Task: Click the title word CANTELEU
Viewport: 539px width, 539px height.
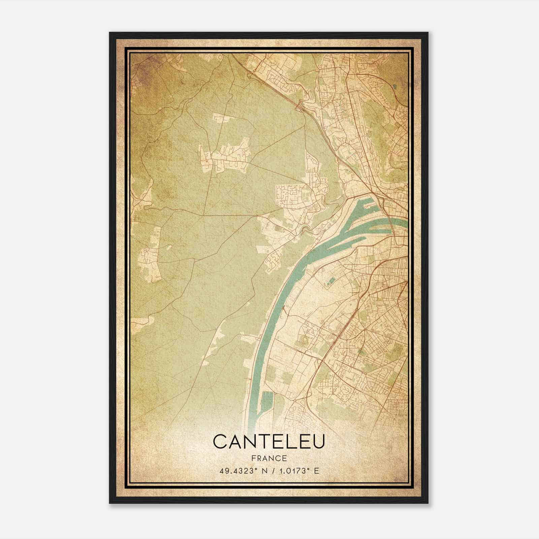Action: (269, 442)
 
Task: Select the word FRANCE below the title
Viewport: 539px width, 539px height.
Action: (269, 458)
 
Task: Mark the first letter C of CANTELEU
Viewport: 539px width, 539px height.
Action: (220, 442)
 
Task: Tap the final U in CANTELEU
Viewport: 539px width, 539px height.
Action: (318, 442)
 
